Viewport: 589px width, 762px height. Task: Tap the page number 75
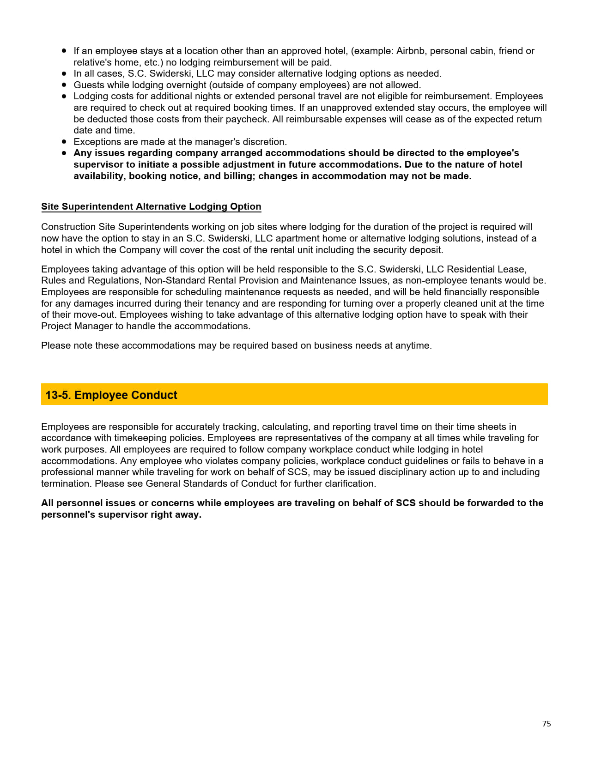[546, 724]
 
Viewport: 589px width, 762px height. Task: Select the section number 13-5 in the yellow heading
[58, 395]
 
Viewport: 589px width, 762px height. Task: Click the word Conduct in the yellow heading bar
[154, 395]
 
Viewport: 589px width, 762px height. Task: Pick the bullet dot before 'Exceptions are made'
[64, 142]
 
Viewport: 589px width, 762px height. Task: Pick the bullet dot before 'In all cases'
[64, 73]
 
